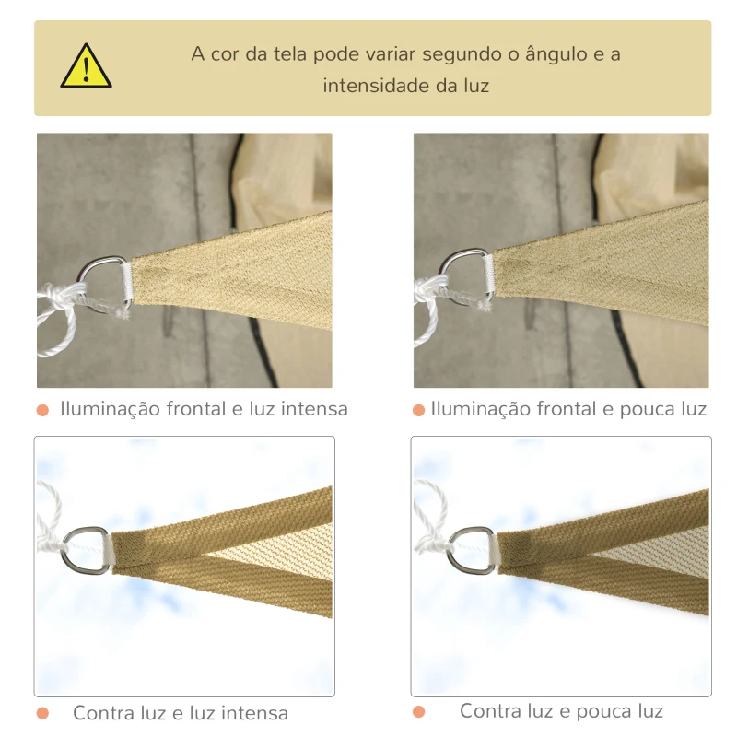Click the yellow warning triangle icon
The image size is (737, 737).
click(x=86, y=67)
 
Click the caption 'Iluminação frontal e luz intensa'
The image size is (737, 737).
click(x=204, y=408)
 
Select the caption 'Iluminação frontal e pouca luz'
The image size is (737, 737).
click(x=568, y=408)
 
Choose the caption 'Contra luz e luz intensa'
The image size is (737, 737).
click(x=181, y=713)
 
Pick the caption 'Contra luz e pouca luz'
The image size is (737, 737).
click(x=561, y=711)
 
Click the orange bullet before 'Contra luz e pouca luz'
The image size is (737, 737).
click(x=419, y=711)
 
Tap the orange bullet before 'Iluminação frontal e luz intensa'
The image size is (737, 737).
click(x=42, y=409)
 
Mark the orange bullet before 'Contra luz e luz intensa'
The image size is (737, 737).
click(x=42, y=713)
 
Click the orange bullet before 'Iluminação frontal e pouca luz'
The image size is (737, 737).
click(x=419, y=409)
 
